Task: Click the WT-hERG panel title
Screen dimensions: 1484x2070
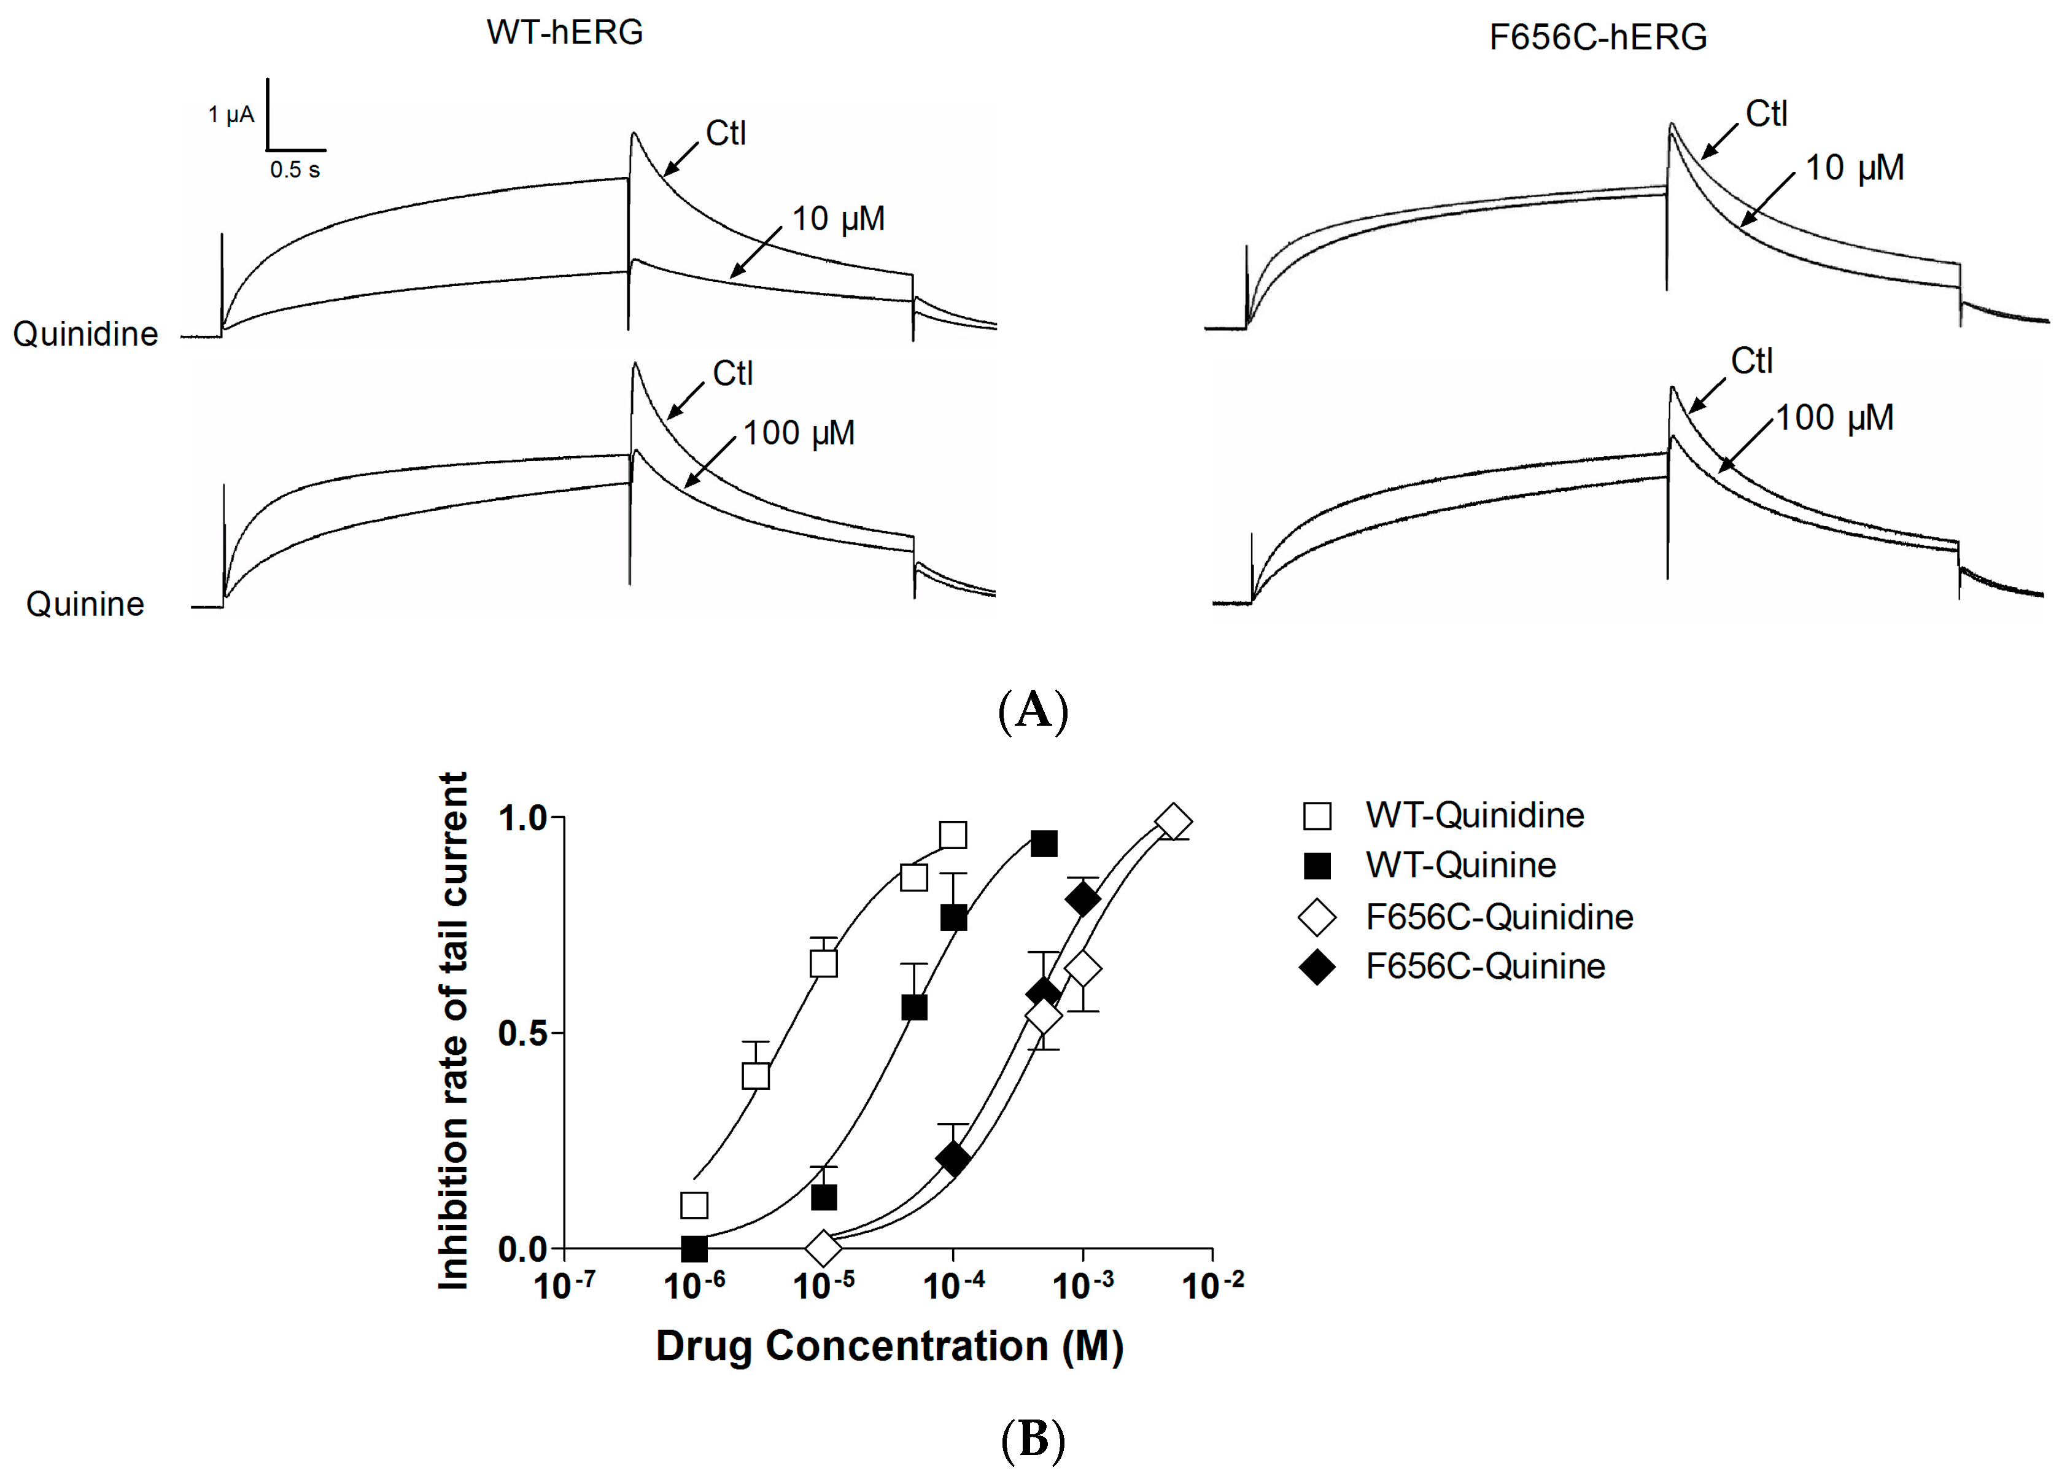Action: (564, 33)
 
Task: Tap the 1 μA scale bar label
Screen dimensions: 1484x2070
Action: (231, 115)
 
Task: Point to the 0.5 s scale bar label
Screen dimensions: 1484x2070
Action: (295, 169)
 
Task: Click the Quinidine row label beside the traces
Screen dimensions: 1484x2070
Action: (85, 334)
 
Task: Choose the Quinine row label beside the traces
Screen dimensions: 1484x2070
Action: (85, 604)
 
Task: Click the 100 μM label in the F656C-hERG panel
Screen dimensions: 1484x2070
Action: (1834, 418)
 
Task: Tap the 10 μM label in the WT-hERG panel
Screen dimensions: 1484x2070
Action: (838, 219)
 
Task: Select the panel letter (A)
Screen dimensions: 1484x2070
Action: (1033, 710)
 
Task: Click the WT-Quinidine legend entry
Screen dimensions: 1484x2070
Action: (1474, 815)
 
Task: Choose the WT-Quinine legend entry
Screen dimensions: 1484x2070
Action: (1460, 865)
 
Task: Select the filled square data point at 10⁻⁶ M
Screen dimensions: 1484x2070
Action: (694, 1248)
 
